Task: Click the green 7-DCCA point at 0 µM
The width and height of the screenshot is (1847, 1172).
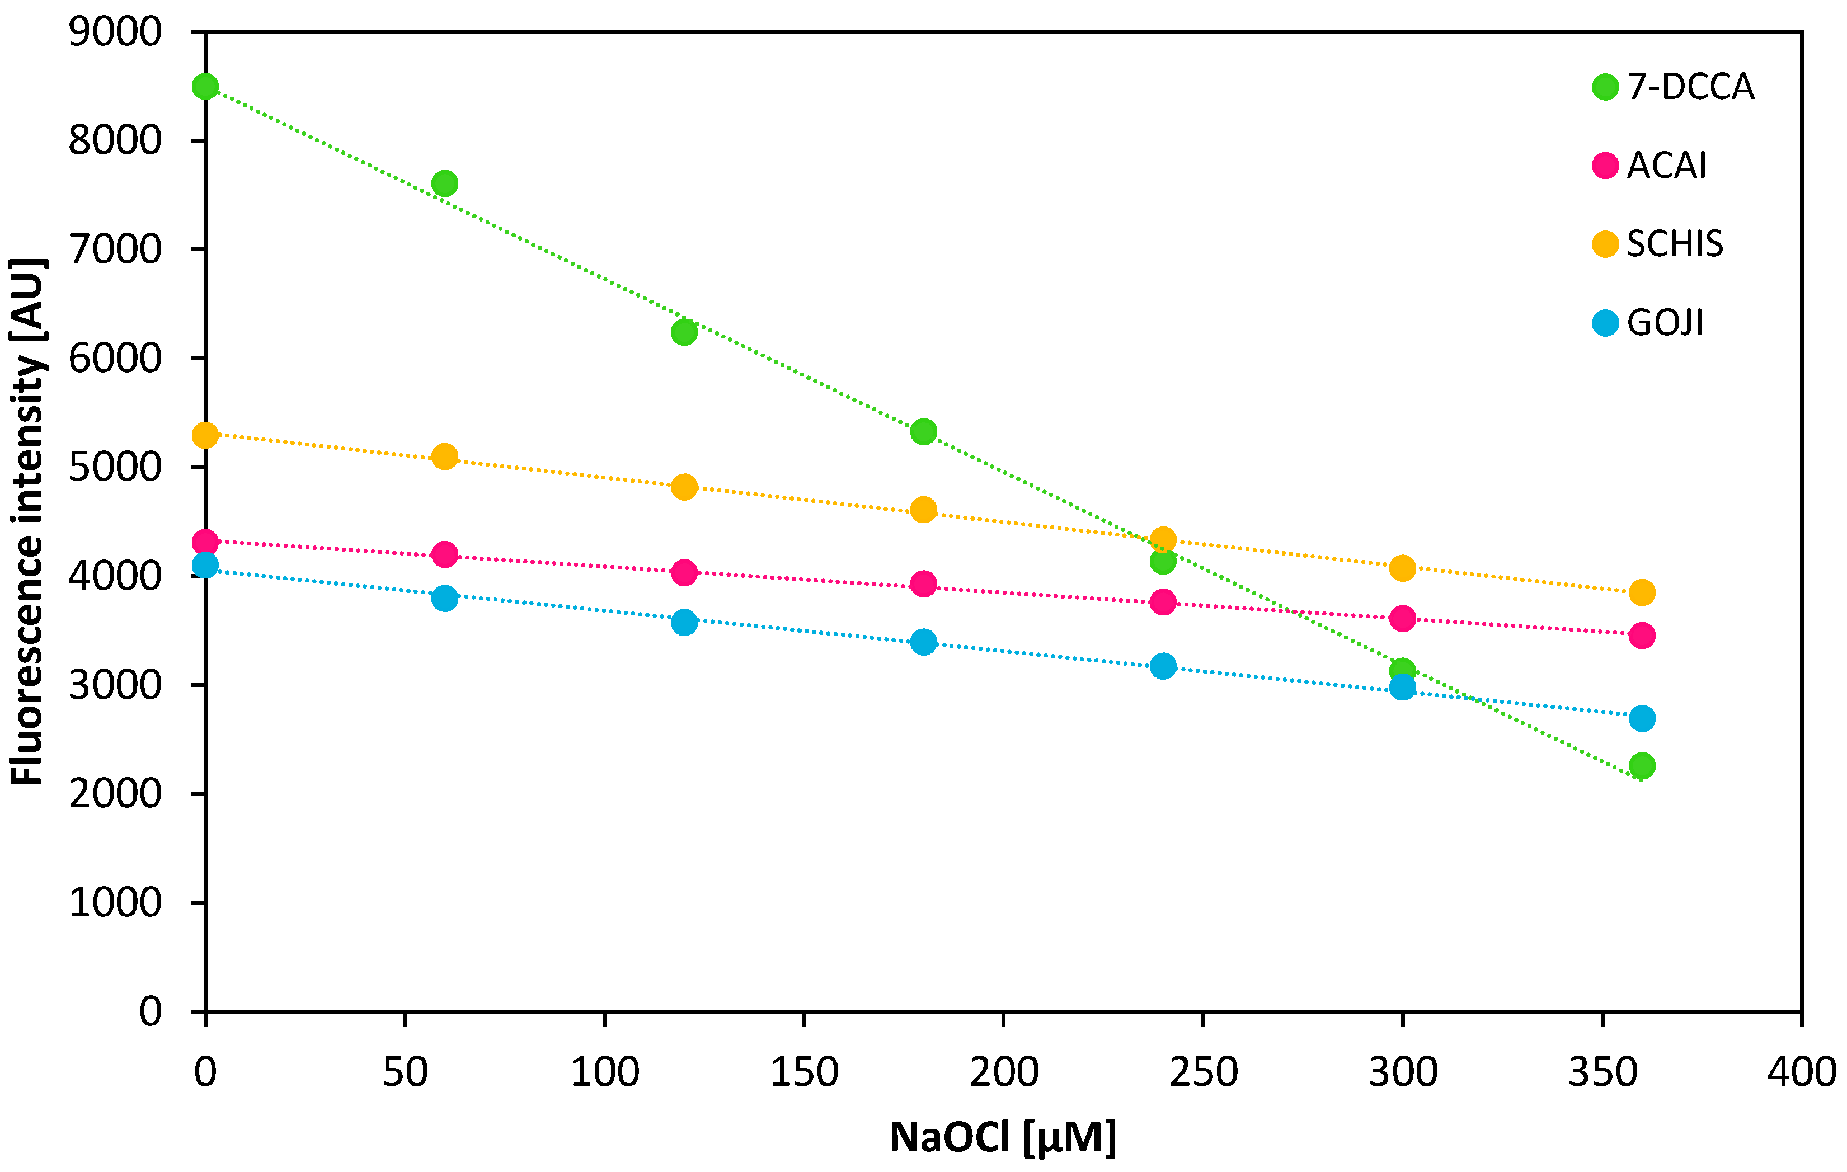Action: click(205, 87)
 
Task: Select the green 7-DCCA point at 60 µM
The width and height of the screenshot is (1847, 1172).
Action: click(444, 184)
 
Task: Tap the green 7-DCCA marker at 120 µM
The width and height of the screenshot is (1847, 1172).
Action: click(683, 332)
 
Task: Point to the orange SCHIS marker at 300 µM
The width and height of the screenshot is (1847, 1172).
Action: click(1402, 568)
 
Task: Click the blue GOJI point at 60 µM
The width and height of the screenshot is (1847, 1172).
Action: click(444, 597)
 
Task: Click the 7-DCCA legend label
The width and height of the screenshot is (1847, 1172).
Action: click(1690, 87)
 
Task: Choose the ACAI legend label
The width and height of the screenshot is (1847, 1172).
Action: click(1667, 166)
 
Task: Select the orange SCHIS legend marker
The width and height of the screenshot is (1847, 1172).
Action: click(1605, 244)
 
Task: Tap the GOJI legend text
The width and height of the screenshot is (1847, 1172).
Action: click(1665, 323)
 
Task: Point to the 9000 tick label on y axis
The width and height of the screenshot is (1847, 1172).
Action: click(115, 32)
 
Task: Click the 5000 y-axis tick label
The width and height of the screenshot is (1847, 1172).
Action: click(115, 467)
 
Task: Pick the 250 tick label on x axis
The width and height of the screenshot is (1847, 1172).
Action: click(1202, 1072)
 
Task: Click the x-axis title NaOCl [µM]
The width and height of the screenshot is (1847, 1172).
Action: click(1003, 1137)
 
